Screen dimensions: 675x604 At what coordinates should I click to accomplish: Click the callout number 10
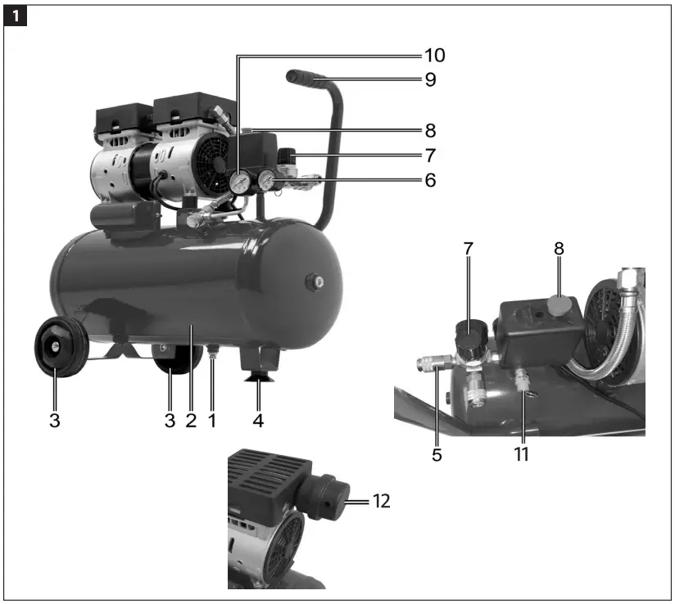pos(435,56)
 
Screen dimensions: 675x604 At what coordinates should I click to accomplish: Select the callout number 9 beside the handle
pos(431,79)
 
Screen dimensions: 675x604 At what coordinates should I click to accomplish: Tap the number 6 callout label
pos(431,180)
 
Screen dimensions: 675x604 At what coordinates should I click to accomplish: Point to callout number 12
pos(382,501)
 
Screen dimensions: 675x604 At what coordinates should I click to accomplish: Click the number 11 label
pos(521,454)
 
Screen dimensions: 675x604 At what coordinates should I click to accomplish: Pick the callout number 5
pos(437,455)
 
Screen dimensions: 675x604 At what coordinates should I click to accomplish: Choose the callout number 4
pos(258,421)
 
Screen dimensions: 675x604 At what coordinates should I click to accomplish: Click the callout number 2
pos(191,421)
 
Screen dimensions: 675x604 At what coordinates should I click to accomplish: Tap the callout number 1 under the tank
pos(212,421)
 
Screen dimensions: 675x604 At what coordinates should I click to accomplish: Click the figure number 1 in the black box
pos(16,16)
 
